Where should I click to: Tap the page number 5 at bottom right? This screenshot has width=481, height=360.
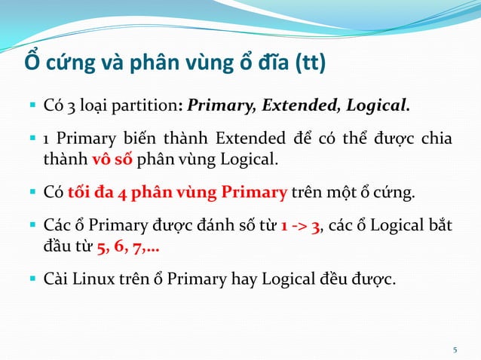pyautogui.click(x=455, y=349)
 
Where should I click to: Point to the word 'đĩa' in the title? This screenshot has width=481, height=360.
pyautogui.click(x=265, y=63)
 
